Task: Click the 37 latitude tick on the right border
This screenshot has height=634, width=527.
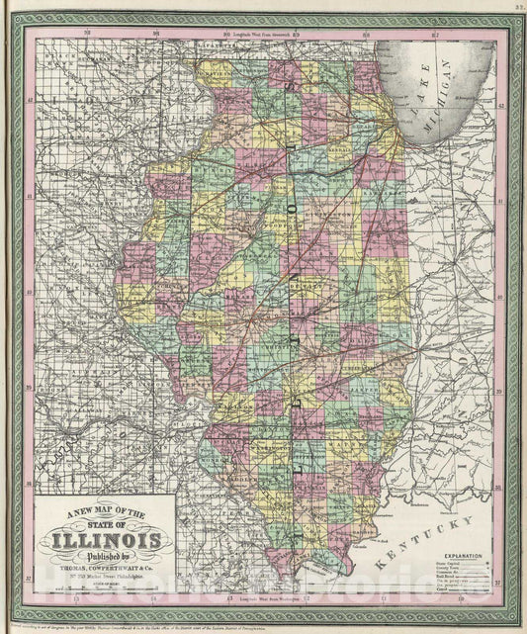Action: pyautogui.click(x=501, y=583)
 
